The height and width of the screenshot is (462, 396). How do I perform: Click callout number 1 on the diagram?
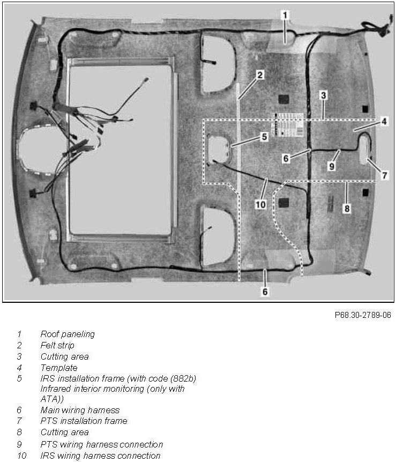(285, 16)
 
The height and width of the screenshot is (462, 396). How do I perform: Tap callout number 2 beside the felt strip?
(259, 75)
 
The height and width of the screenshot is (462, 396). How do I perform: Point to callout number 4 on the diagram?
(384, 122)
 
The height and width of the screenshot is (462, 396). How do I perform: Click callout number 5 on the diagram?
(264, 137)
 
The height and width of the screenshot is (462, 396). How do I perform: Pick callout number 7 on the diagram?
(384, 175)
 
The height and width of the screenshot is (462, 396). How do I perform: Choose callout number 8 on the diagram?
(347, 208)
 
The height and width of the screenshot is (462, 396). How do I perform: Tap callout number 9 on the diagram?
(332, 166)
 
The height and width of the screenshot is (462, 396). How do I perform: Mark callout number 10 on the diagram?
(260, 204)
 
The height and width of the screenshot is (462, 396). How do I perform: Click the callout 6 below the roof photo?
(265, 292)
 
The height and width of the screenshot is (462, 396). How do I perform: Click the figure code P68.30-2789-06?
(363, 315)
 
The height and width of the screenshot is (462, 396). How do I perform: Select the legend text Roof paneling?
(68, 334)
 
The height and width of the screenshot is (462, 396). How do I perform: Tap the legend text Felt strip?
(57, 346)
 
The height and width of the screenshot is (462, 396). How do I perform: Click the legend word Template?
(59, 368)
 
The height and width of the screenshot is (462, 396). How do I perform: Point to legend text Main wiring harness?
(80, 410)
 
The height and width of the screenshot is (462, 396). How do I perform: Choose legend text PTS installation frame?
(84, 421)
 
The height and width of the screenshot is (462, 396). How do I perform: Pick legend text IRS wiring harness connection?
(100, 456)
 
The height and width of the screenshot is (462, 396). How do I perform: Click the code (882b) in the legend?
(182, 378)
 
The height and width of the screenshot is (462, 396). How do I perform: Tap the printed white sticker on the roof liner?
(289, 126)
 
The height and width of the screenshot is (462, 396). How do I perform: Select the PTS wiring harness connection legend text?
(101, 444)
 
